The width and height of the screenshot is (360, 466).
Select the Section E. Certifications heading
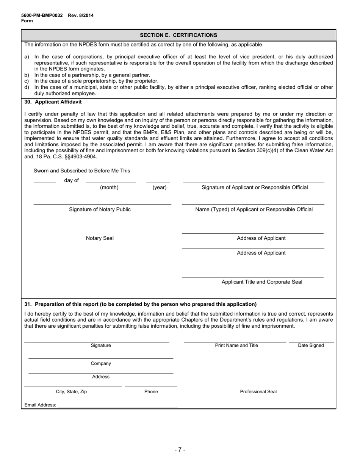tap(178, 35)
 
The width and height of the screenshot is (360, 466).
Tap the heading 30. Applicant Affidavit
tap(53, 102)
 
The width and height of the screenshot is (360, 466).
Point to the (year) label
tap(160, 188)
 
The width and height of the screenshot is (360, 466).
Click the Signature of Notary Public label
tap(100, 210)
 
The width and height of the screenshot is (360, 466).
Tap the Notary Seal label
tap(100, 238)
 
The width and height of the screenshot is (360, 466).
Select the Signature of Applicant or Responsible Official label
tap(255, 188)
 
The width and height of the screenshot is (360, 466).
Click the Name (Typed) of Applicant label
tap(254, 210)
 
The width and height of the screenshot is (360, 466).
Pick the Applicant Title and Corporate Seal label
tap(262, 282)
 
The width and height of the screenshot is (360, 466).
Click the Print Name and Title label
tap(236, 346)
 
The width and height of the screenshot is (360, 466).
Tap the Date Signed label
tap(311, 346)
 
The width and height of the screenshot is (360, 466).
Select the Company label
tap(101, 364)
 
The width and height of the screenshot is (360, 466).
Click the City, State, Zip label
tap(71, 392)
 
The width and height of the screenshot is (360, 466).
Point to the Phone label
tap(151, 392)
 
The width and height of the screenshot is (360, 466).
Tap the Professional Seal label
tap(258, 392)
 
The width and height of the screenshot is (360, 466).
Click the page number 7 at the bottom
tap(180, 450)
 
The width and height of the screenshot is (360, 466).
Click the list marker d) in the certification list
tap(27, 87)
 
